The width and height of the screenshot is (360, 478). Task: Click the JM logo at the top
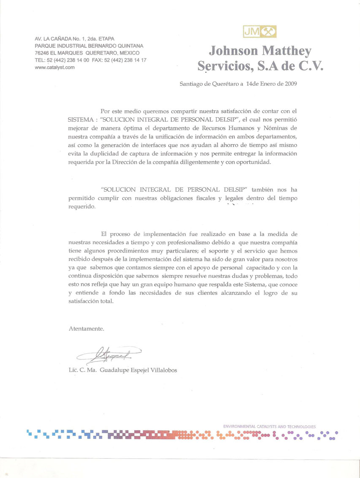260,30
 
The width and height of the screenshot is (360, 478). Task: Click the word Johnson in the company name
233,51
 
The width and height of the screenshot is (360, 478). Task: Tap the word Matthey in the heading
287,51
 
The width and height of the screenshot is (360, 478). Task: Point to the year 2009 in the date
290,84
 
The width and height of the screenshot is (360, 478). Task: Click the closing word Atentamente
86,328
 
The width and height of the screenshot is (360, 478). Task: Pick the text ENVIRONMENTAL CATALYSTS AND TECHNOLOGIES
269,426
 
